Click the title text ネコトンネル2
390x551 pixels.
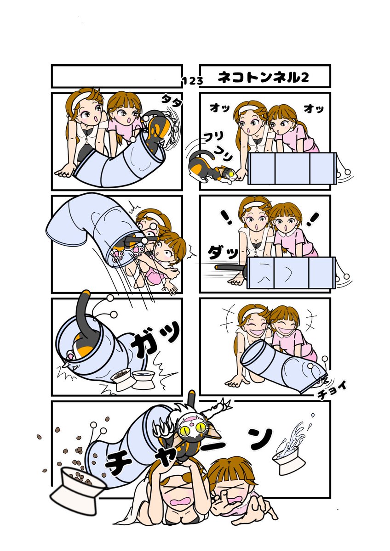click(263, 78)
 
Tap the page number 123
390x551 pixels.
click(193, 81)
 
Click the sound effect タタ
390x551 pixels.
click(172, 101)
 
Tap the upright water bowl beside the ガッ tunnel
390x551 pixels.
click(143, 380)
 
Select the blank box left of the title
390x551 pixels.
click(117, 76)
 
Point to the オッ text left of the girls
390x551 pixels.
click(220, 108)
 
